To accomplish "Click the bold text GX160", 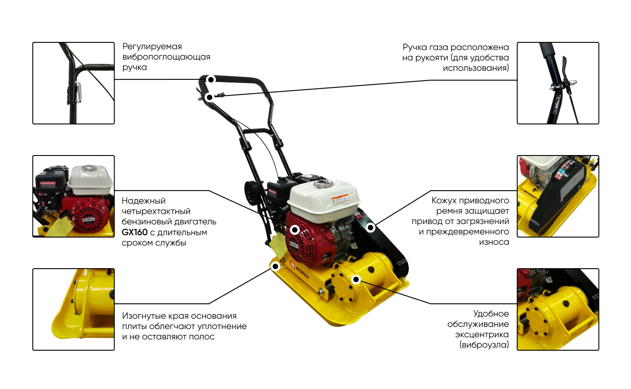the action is [x=135, y=233].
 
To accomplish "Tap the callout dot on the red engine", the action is [x=295, y=230].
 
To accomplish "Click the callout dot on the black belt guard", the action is [x=370, y=227].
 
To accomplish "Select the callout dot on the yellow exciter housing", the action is [x=356, y=279].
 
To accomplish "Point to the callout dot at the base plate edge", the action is [x=275, y=266].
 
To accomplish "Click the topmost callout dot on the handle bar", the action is [x=211, y=80].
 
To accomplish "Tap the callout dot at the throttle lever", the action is [x=209, y=97].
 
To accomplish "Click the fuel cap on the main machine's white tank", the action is [x=323, y=184].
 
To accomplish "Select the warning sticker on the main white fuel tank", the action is [x=340, y=201].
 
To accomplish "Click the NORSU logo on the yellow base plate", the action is [x=299, y=270].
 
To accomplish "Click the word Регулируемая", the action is [x=152, y=47].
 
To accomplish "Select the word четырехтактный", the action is [x=156, y=211].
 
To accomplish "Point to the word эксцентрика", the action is [x=482, y=334].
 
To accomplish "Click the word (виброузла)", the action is [x=484, y=345].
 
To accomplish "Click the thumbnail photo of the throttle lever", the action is [x=558, y=83].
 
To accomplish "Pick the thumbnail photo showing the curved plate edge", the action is [x=73, y=309].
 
